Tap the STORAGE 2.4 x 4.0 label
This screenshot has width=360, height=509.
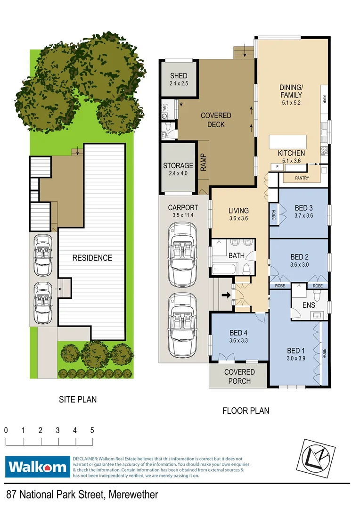[178, 169]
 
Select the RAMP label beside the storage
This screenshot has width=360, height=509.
[203, 163]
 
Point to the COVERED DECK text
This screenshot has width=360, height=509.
[216, 120]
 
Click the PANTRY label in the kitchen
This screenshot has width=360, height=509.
[302, 178]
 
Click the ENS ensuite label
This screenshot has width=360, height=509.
[308, 305]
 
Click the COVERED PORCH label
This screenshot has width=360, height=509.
[239, 376]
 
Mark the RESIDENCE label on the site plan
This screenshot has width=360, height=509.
[92, 258]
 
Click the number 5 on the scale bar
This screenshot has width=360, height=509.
[92, 430]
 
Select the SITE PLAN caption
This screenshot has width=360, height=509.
[78, 399]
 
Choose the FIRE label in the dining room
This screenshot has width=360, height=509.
[324, 99]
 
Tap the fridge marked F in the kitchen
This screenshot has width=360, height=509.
[277, 166]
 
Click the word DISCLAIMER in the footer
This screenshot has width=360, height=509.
[85, 459]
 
